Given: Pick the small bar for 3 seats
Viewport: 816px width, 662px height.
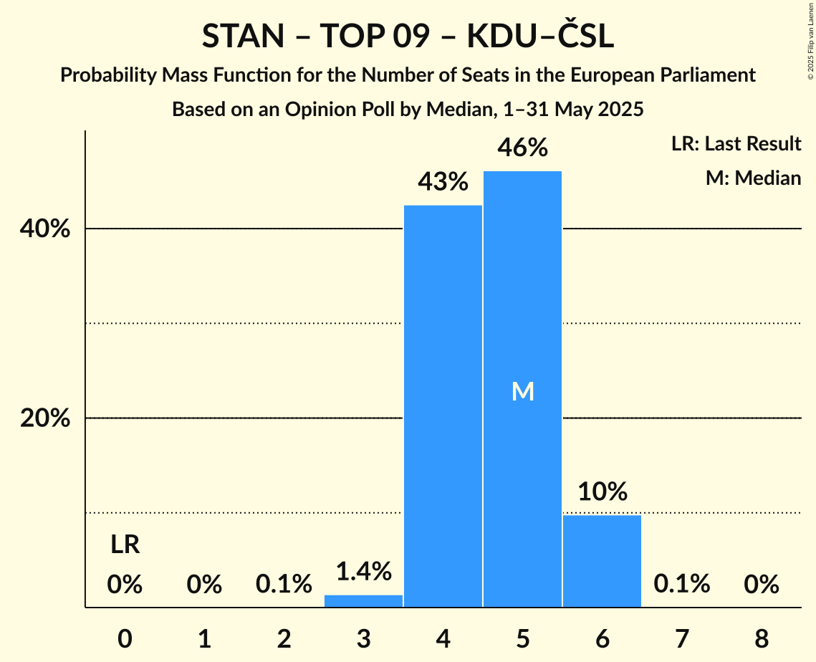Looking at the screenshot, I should click(363, 600).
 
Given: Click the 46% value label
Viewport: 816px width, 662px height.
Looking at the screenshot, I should click(522, 148).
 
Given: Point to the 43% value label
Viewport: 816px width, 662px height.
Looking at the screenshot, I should click(443, 182).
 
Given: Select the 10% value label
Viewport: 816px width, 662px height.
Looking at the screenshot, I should click(602, 491).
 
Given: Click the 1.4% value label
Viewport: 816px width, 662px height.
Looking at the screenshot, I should click(363, 571).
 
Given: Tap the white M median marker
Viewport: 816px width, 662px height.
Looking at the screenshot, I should click(522, 391).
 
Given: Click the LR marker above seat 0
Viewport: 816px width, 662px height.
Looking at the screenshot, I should click(125, 545).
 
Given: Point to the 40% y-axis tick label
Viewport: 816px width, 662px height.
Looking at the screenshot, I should click(44, 229).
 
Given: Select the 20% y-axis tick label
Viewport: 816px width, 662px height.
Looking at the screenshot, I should click(44, 418).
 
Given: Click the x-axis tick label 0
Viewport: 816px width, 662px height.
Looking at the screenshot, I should click(125, 638).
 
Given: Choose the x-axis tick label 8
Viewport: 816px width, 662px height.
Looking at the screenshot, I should click(761, 638).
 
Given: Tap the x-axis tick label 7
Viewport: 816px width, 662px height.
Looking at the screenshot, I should click(681, 638).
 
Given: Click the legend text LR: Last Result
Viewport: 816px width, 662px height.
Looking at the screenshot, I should click(736, 144).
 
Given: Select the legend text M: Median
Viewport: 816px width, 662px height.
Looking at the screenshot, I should click(753, 178).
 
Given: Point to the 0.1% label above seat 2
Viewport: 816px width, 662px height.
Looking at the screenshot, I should click(284, 585).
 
